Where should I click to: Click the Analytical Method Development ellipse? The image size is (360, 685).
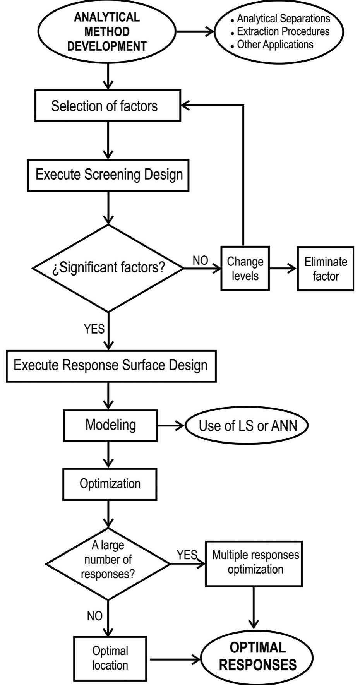pyautogui.click(x=106, y=32)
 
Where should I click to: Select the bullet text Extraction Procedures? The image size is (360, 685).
pyautogui.click(x=283, y=31)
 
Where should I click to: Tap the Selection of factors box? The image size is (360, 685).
pyautogui.click(x=108, y=106)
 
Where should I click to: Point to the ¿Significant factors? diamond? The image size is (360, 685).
pyautogui.click(x=108, y=268)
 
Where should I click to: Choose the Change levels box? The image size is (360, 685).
pyautogui.click(x=245, y=269)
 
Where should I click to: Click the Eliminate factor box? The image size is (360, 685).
pyautogui.click(x=325, y=269)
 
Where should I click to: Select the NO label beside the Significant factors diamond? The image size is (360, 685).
pyautogui.click(x=200, y=260)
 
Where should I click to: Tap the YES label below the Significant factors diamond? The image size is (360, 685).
pyautogui.click(x=94, y=329)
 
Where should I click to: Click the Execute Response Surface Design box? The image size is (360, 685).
pyautogui.click(x=111, y=366)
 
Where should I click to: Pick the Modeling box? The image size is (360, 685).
pyautogui.click(x=110, y=425)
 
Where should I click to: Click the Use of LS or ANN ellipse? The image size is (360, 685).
pyautogui.click(x=247, y=426)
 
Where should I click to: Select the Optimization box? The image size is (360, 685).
pyautogui.click(x=110, y=484)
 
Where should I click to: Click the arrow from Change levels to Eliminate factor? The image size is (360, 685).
pyautogui.click(x=283, y=268)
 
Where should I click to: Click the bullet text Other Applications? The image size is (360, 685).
pyautogui.click(x=275, y=45)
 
